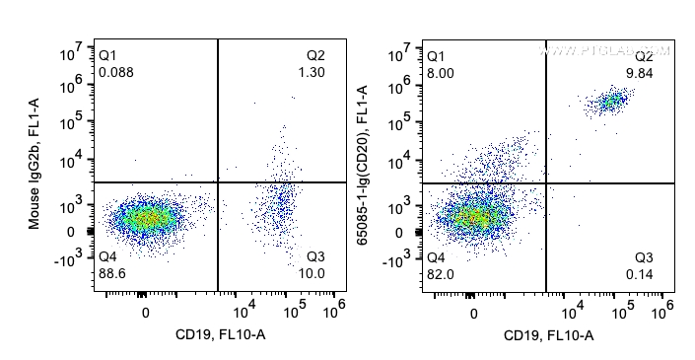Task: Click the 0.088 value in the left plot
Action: point(116,71)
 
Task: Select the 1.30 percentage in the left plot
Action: point(312,71)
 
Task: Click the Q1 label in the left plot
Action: point(107,55)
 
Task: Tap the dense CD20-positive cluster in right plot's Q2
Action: point(613,101)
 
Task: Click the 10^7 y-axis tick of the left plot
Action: point(67,49)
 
